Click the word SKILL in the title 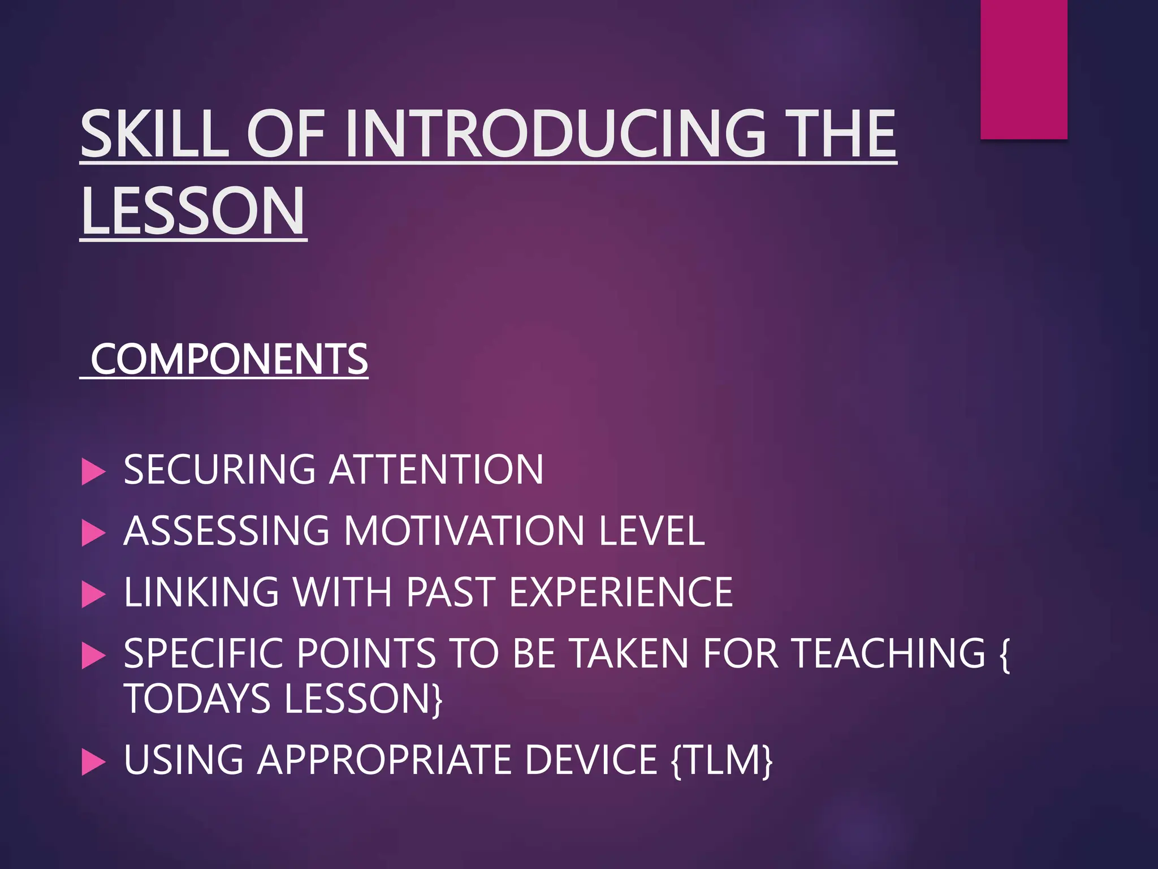pos(154,134)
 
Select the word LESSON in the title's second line pos(193,212)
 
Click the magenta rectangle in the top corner pos(1023,69)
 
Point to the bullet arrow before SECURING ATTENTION pos(93,471)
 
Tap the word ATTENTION pos(436,470)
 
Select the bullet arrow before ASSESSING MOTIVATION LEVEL pos(93,532)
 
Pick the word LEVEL pos(651,531)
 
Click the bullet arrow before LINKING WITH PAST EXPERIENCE pos(93,594)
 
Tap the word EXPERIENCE pos(620,592)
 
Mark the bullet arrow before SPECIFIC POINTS pos(93,656)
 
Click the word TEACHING pos(888,653)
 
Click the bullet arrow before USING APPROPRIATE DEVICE pos(93,762)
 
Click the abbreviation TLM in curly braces pos(721,760)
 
